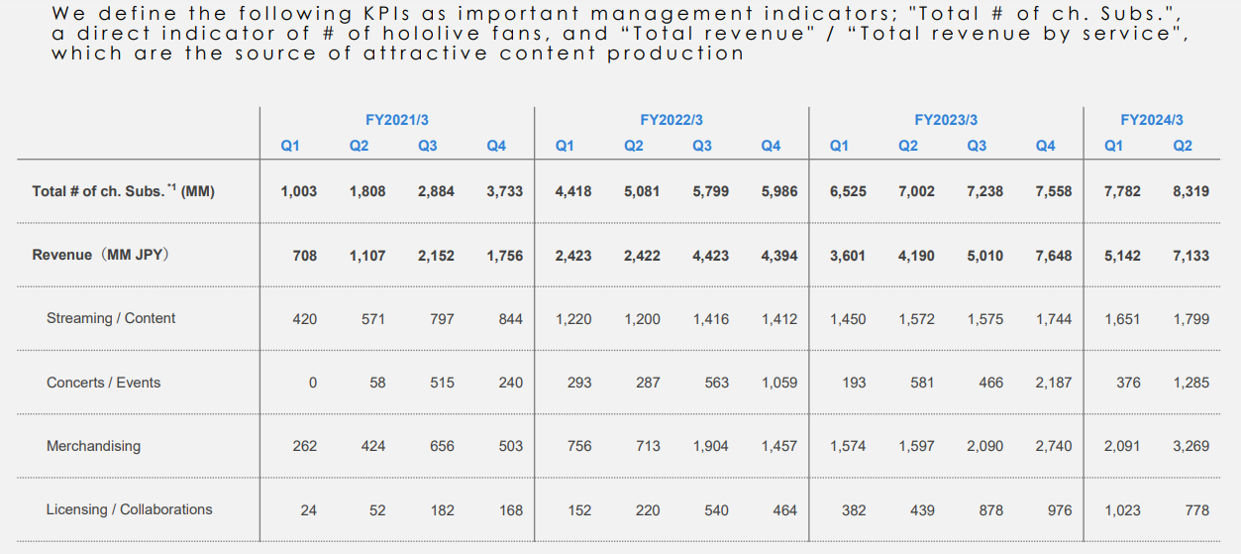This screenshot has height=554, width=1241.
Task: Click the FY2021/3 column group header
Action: point(396,120)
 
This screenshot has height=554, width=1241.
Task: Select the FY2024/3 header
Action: point(1151,120)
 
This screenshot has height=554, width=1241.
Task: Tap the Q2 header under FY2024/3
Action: point(1183,146)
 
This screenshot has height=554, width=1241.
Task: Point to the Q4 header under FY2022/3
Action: point(771,146)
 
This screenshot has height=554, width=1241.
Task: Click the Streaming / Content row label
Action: point(111,318)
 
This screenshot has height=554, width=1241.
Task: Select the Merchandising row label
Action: point(93,446)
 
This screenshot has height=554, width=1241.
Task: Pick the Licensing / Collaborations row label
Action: point(129,509)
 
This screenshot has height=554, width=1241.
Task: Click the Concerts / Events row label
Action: point(103,383)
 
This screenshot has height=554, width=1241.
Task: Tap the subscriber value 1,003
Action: point(299,191)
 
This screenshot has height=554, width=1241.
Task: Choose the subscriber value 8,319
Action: point(1190,191)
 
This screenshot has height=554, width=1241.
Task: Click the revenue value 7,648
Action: point(1053,256)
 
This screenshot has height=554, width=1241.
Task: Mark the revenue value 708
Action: point(305,256)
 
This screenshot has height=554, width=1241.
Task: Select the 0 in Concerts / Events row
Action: point(313,383)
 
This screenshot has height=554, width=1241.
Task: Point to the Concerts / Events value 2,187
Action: point(1053,383)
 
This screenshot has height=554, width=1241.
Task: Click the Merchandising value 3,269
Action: point(1190,446)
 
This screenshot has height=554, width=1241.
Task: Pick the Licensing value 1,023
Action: point(1122,510)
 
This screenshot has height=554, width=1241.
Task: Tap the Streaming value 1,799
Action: point(1190,319)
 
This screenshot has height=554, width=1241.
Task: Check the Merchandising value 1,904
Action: point(710,446)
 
